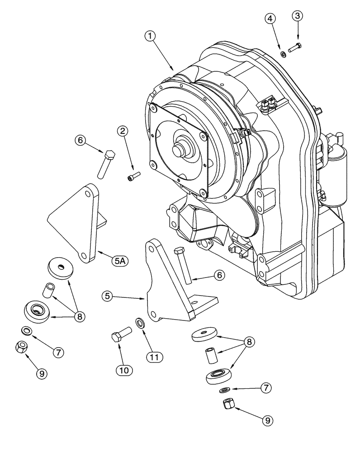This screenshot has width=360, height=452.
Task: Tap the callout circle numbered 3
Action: [297, 16]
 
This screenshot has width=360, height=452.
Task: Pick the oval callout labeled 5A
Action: [120, 261]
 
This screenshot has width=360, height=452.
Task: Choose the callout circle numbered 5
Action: [107, 296]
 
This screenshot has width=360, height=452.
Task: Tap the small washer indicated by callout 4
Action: [282, 55]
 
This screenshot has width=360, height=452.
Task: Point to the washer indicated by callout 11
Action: [139, 322]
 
